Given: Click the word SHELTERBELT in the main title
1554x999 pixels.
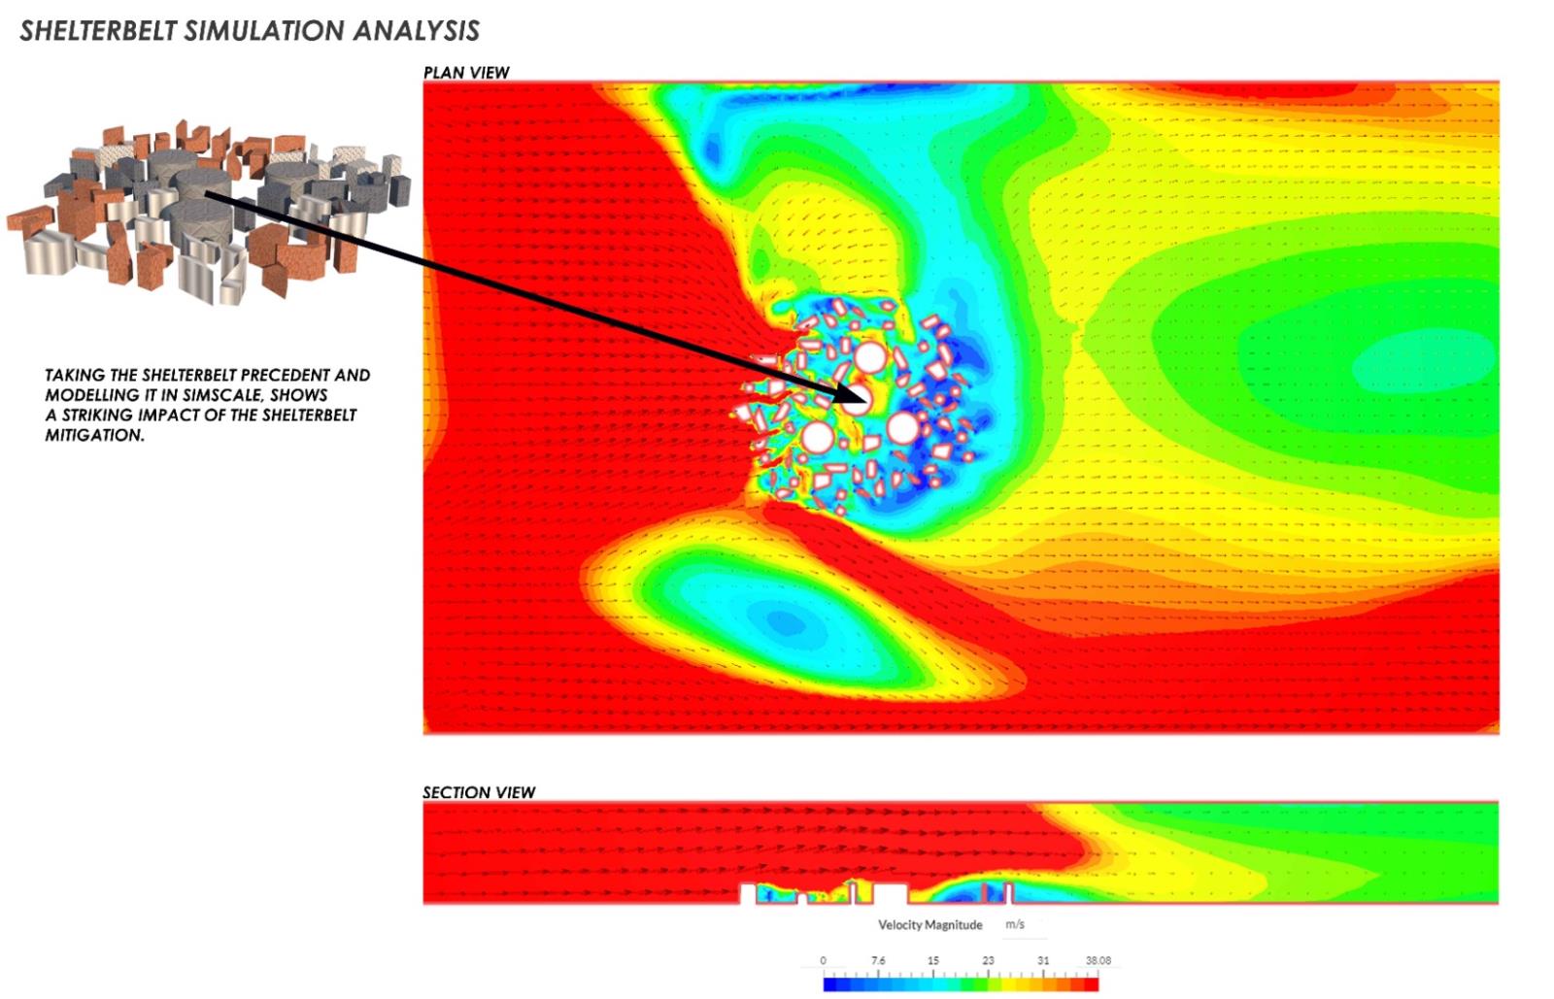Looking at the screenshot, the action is coord(98,31).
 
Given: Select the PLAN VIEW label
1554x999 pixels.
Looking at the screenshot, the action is coord(466,73).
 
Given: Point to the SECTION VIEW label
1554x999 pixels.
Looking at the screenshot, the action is coord(479,792).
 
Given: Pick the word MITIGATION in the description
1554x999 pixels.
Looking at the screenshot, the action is coord(94,435).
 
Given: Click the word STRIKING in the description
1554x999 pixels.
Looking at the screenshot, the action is coord(101,416).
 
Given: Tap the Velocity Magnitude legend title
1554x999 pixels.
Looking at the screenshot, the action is coord(930,925).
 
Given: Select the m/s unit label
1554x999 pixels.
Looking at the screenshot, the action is coord(1015,924).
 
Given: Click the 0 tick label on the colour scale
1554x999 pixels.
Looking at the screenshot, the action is coord(824,960).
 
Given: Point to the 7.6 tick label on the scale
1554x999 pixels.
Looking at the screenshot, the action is coord(878,960).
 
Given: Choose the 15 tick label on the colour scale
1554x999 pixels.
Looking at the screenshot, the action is coord(933,960).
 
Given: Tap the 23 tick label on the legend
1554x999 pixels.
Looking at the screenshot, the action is coord(988,960).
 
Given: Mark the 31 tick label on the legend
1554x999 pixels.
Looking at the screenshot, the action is coord(1043,960).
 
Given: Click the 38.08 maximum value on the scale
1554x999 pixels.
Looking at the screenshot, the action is coord(1098,960).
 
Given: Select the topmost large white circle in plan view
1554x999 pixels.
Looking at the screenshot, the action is coord(869,357).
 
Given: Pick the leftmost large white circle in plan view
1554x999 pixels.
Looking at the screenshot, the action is coord(817,438).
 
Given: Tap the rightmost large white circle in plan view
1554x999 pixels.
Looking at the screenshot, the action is coord(903,428).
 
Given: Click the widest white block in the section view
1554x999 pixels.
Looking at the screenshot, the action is coord(890,893).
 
